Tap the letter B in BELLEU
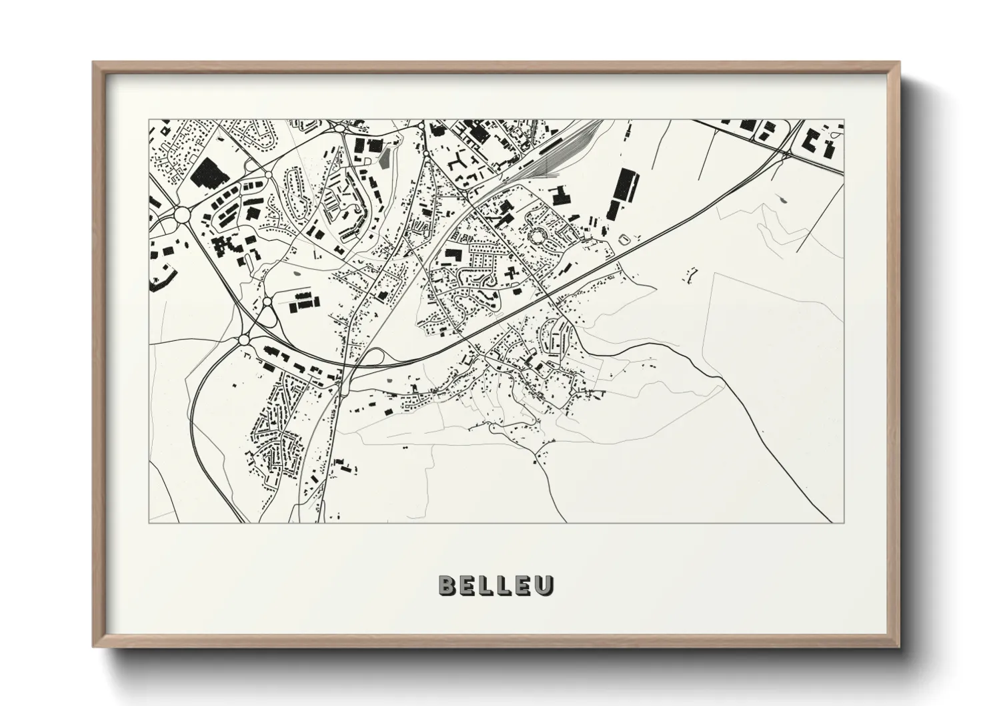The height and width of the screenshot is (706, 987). point(447,585)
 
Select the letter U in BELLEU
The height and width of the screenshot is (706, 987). point(546,585)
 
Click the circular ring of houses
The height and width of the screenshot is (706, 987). point(536,235)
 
